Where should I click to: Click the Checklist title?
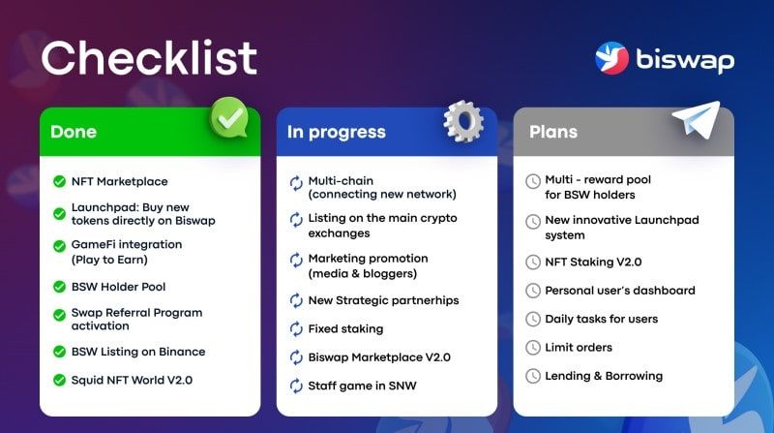149,58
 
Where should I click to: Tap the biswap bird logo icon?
612,58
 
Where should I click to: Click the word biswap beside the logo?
685,60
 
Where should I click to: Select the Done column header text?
74,132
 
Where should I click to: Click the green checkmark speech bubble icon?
229,119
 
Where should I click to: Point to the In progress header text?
336,132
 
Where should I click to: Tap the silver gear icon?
463,120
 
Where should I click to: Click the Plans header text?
553,132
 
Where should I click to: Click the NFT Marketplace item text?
119,181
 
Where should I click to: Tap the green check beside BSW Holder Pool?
59,287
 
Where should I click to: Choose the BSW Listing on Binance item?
137,352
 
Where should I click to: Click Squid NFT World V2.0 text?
132,380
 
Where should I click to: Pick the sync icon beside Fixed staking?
296,328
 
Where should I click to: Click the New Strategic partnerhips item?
383,300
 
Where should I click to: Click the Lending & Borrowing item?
604,376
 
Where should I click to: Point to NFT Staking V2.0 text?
593,262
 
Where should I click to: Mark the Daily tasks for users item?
601,319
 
